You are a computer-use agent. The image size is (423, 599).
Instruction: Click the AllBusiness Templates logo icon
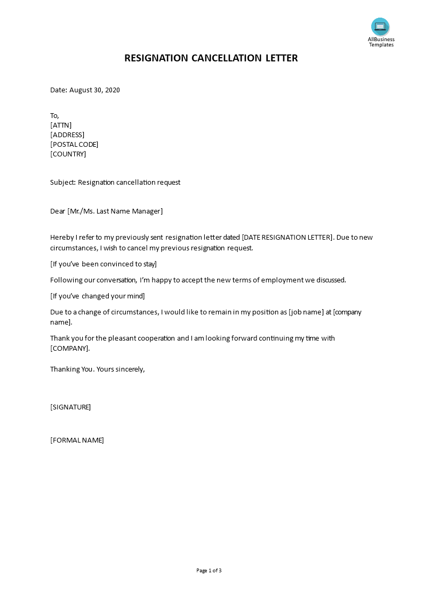click(x=380, y=26)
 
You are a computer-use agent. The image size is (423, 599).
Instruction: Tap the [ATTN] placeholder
click(x=61, y=125)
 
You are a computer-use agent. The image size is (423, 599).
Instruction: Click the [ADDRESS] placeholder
click(x=67, y=135)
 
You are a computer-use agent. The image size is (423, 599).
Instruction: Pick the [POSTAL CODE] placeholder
click(x=74, y=145)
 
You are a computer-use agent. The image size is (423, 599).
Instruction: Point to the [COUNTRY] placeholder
click(x=68, y=154)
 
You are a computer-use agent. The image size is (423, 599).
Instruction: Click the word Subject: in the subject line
click(x=63, y=183)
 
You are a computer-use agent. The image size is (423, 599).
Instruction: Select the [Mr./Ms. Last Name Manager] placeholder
click(x=115, y=211)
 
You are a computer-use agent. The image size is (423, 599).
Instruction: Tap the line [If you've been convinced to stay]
click(x=103, y=264)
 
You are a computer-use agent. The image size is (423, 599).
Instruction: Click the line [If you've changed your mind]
click(x=98, y=296)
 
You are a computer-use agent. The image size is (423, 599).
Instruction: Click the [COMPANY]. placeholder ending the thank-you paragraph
click(x=70, y=349)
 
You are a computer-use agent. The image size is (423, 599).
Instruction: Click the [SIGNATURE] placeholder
click(x=70, y=407)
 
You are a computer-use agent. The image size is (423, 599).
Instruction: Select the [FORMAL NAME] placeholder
click(x=77, y=440)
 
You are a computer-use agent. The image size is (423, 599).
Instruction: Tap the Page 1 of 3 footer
click(x=209, y=571)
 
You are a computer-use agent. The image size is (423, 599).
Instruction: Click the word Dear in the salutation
click(x=58, y=211)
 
